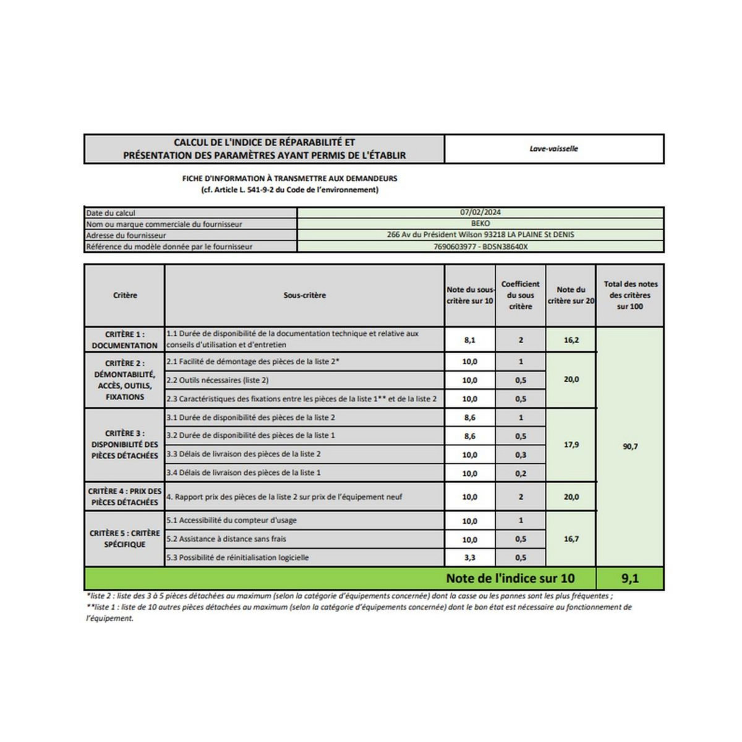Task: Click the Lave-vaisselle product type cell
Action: pyautogui.click(x=553, y=149)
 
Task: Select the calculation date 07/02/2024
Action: pyautogui.click(x=480, y=212)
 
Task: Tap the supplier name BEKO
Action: pyautogui.click(x=480, y=223)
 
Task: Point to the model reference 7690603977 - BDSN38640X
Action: pyautogui.click(x=480, y=246)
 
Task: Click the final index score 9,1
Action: pyautogui.click(x=630, y=579)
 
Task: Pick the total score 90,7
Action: pyautogui.click(x=630, y=446)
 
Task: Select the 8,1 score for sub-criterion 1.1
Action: pyautogui.click(x=469, y=340)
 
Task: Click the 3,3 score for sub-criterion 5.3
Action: pyautogui.click(x=469, y=558)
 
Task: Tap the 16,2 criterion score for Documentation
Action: pyautogui.click(x=571, y=340)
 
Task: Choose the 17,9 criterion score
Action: pyautogui.click(x=571, y=445)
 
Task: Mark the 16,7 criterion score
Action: pyautogui.click(x=571, y=539)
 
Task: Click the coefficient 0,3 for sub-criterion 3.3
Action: pyautogui.click(x=521, y=454)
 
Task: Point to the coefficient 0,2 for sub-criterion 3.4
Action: pyautogui.click(x=521, y=474)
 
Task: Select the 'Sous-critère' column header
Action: pyautogui.click(x=304, y=296)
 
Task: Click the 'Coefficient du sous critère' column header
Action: pyautogui.click(x=521, y=295)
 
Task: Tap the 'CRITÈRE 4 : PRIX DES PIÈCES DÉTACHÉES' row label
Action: pyautogui.click(x=125, y=497)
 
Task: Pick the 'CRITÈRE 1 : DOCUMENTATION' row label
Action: pyautogui.click(x=125, y=340)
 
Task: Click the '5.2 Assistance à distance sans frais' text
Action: pyautogui.click(x=226, y=539)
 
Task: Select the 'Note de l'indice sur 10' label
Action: pyautogui.click(x=510, y=579)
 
